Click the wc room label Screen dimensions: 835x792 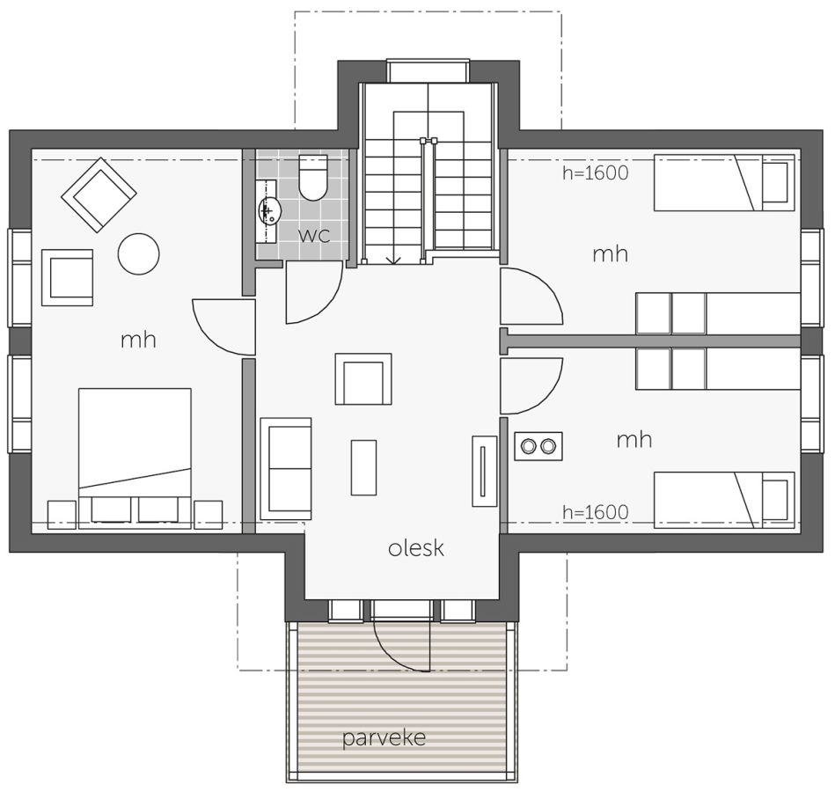pyautogui.click(x=314, y=236)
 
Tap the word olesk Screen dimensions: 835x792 pyautogui.click(x=416, y=548)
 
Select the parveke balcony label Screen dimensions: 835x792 pyautogui.click(x=384, y=738)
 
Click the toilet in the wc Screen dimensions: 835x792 pyautogui.click(x=312, y=178)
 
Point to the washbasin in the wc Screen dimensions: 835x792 pyautogui.click(x=269, y=209)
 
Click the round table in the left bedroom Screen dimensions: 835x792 pyautogui.click(x=138, y=254)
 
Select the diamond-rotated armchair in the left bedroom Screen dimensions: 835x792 pyautogui.click(x=99, y=194)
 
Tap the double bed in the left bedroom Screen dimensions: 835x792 pyautogui.click(x=135, y=458)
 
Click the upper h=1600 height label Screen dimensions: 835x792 pyautogui.click(x=596, y=172)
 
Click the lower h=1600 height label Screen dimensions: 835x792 pyautogui.click(x=596, y=512)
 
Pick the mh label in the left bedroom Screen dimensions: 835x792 pyautogui.click(x=138, y=340)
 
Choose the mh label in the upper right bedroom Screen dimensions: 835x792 pyautogui.click(x=611, y=254)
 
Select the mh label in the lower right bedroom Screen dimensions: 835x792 pyautogui.click(x=634, y=439)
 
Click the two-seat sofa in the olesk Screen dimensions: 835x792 pyautogui.click(x=285, y=469)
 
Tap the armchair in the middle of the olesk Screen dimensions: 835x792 pyautogui.click(x=363, y=379)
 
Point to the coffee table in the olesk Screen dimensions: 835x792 pyautogui.click(x=363, y=467)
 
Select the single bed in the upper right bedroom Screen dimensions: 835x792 pyautogui.click(x=724, y=182)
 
